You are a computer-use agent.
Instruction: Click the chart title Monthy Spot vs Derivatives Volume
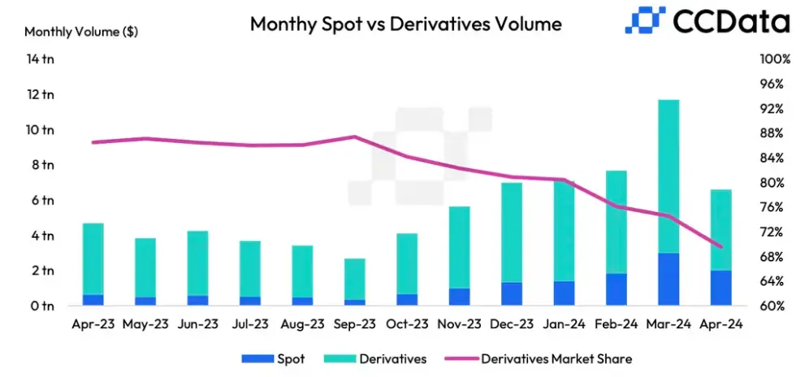click(405, 24)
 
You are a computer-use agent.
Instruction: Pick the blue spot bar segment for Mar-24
click(668, 279)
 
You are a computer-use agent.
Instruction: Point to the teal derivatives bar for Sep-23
click(355, 279)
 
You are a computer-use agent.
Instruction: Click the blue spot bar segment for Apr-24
click(721, 288)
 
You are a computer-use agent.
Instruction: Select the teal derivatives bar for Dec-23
click(511, 232)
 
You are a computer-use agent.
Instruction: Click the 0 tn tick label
click(42, 305)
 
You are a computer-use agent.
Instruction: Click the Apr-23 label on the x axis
click(93, 323)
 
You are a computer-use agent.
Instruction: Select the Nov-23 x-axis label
click(459, 323)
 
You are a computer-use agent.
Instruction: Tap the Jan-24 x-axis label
click(564, 323)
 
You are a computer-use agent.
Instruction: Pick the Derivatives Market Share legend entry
click(556, 357)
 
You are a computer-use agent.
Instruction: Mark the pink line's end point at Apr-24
click(721, 246)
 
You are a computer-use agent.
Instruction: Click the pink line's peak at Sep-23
click(355, 136)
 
